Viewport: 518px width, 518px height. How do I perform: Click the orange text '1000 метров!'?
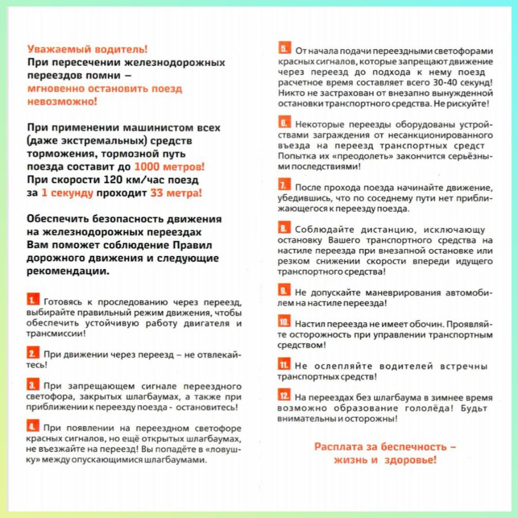tap(169, 167)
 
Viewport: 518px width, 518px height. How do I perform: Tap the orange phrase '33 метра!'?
tap(176, 193)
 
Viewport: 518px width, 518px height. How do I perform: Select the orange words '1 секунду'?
tap(67, 193)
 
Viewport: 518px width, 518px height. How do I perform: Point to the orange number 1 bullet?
tap(33, 300)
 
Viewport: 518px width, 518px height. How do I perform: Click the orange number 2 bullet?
tap(33, 353)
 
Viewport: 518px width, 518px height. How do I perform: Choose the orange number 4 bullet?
tap(33, 426)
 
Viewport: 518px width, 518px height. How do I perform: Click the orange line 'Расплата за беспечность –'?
tap(385, 446)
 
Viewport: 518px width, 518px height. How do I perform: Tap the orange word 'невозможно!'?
tap(63, 101)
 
